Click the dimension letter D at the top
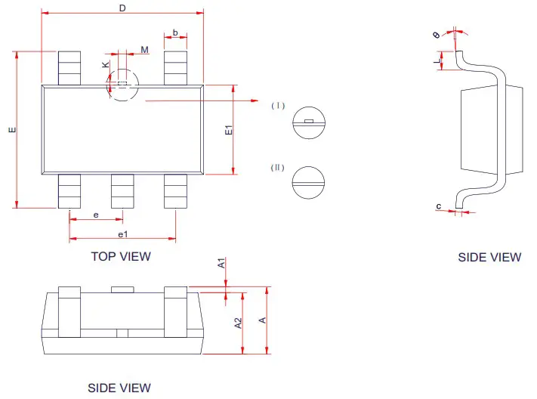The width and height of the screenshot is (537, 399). [122, 8]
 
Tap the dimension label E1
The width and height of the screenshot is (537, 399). [229, 130]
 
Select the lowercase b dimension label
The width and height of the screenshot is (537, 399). [175, 32]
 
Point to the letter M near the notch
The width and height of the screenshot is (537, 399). [144, 50]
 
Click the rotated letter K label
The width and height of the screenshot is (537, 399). [105, 65]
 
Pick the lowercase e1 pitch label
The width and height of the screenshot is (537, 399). [122, 234]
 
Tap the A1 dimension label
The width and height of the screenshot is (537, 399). [221, 264]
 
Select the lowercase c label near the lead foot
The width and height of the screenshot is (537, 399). [439, 206]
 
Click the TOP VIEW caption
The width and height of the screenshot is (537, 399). [121, 256]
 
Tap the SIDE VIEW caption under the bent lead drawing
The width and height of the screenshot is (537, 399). [489, 257]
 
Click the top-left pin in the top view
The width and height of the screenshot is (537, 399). [69, 67]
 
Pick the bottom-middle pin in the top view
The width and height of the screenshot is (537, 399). [122, 190]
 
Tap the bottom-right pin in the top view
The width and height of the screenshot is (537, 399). [175, 190]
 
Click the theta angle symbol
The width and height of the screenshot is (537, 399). [437, 35]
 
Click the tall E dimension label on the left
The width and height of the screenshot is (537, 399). [11, 130]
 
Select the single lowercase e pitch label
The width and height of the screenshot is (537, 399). [96, 215]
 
